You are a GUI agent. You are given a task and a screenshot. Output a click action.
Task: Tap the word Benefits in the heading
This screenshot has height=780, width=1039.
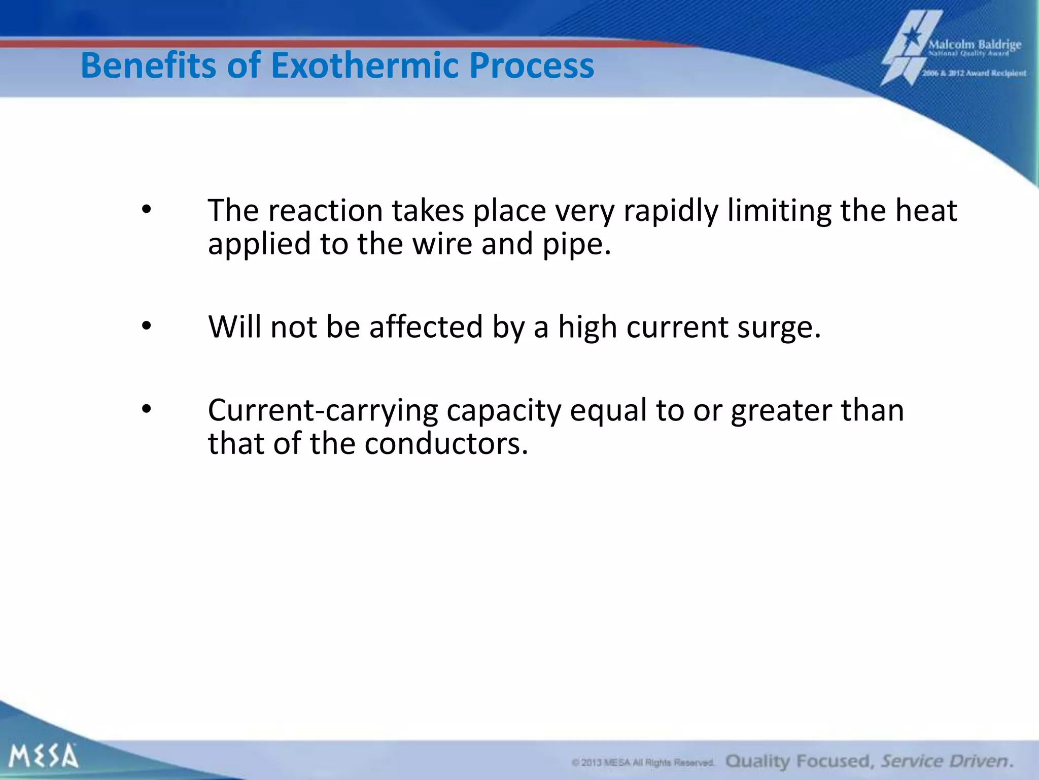[149, 66]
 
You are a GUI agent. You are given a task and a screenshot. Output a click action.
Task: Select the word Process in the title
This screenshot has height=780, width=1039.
[531, 66]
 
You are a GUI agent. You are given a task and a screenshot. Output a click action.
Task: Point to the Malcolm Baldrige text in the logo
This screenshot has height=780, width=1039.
[975, 44]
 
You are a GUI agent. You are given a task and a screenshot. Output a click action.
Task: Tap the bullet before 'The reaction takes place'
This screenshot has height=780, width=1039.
[147, 210]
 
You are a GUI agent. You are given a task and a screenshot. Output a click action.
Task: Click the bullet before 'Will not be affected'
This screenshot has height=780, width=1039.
[147, 327]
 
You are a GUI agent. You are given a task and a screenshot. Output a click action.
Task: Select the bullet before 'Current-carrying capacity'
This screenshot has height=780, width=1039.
[147, 409]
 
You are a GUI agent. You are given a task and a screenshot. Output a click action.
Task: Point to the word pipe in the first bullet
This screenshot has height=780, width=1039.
[576, 244]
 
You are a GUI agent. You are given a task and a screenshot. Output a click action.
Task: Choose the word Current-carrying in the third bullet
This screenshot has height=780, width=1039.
[323, 410]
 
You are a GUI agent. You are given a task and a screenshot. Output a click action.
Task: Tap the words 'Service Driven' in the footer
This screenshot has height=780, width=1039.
[947, 761]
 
